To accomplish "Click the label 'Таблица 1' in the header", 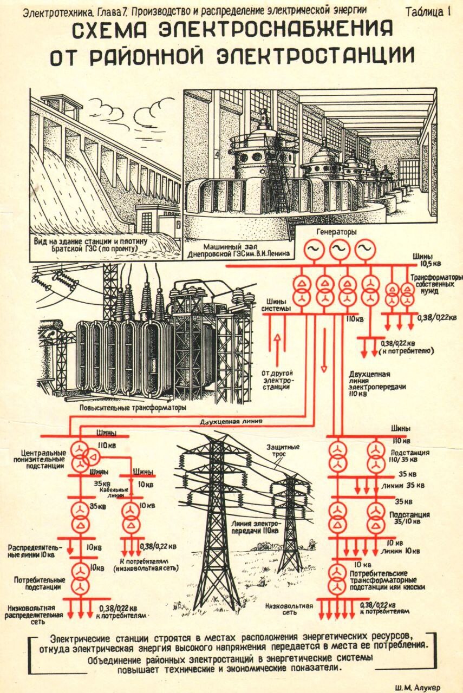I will click(428, 12).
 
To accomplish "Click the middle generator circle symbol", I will click(339, 249).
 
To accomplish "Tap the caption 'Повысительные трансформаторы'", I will click(132, 407).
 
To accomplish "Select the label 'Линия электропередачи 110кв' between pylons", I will click(255, 527).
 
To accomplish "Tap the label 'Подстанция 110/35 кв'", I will click(412, 456).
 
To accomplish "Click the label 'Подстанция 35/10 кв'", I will click(412, 518).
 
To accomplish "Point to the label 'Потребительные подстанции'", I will click(37, 583).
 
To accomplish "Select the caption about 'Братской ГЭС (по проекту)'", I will click(90, 244).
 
